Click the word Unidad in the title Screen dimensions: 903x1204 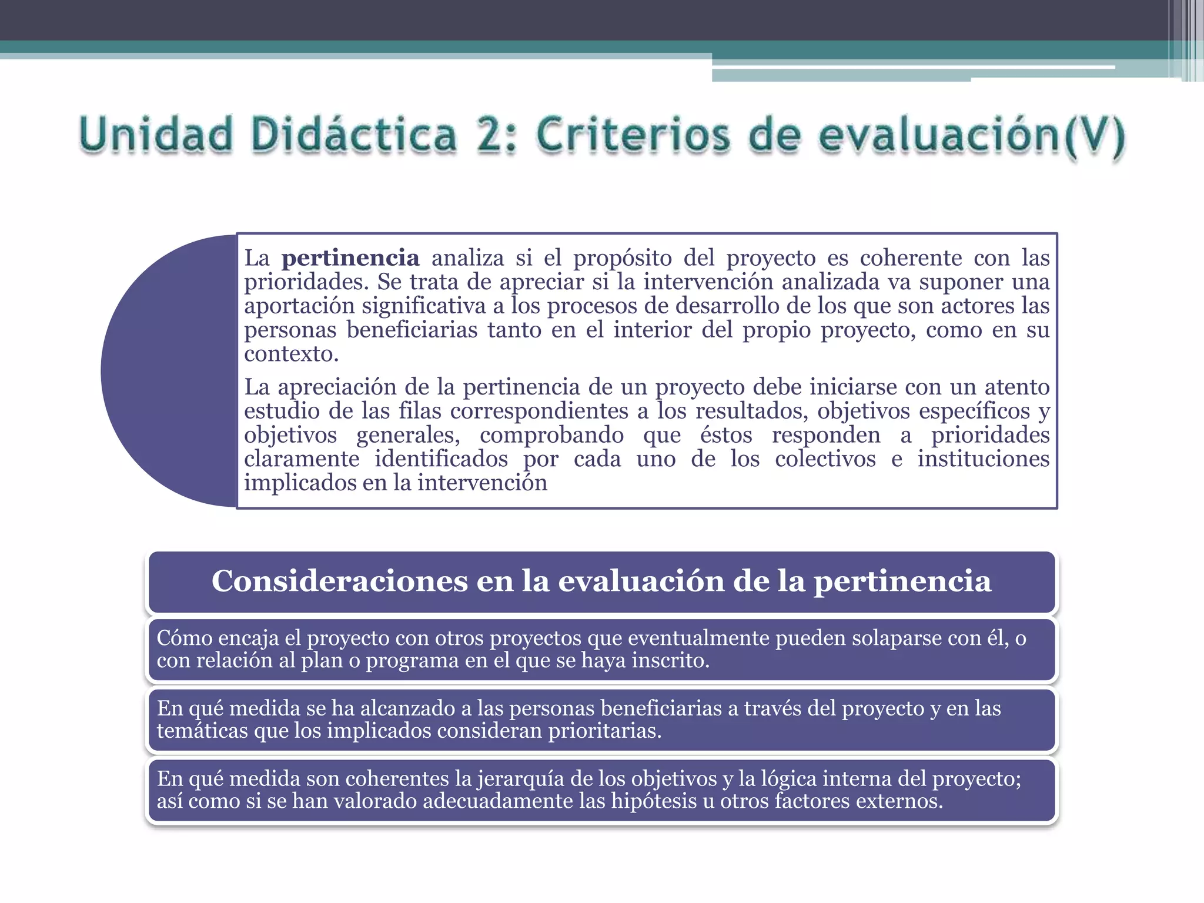156,135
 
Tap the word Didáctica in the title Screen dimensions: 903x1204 354,135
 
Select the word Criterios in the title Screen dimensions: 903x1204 634,135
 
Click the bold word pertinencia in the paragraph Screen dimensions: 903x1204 350,258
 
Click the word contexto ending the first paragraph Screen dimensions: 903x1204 292,354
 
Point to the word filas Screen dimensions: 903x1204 420,411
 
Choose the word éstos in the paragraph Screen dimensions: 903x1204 726,435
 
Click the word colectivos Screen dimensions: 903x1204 825,459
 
